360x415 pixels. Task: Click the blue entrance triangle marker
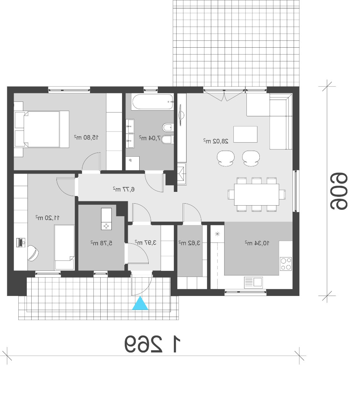(140, 303)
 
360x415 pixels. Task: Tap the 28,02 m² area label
(216, 141)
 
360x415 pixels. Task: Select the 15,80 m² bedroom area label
(86, 137)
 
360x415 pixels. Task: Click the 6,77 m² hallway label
(124, 189)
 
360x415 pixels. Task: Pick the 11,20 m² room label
(48, 217)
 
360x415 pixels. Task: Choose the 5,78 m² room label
(101, 243)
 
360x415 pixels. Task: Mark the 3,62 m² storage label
(189, 243)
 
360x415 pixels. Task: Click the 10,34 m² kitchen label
(257, 243)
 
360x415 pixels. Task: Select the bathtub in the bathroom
(152, 101)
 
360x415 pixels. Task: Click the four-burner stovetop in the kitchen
(286, 264)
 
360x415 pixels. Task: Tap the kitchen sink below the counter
(253, 282)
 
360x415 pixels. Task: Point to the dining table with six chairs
(257, 195)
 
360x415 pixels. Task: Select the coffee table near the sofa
(245, 134)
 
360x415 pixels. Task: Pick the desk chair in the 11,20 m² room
(33, 253)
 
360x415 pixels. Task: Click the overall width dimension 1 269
(153, 344)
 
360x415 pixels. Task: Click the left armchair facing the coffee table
(226, 158)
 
